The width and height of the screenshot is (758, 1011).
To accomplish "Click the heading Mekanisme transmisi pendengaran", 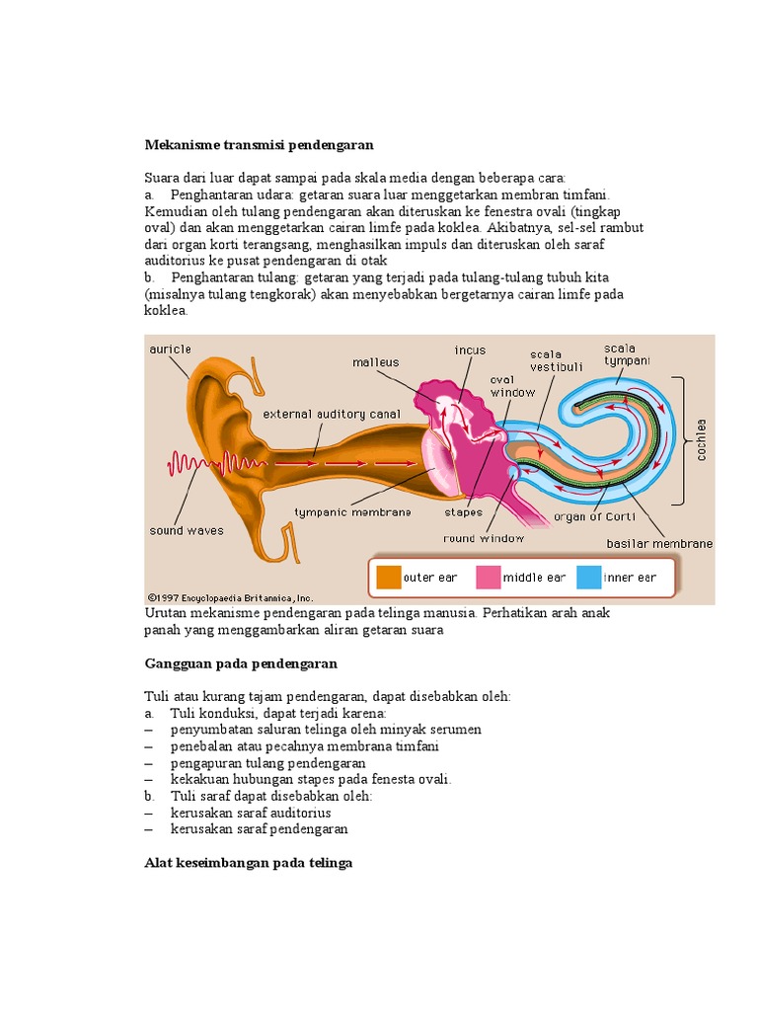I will [x=259, y=144].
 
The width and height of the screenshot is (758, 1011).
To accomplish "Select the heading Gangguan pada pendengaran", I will [x=241, y=663].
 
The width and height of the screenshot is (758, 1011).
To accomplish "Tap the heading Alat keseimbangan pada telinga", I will [x=248, y=863].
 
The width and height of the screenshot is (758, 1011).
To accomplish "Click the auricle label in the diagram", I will [x=170, y=350].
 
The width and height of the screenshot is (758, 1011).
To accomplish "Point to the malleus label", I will [x=376, y=362].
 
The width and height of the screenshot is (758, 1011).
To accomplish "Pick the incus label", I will [x=470, y=350].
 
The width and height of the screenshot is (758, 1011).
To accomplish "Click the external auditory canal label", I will [x=331, y=414].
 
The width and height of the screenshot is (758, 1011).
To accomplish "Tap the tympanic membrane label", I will [x=352, y=511].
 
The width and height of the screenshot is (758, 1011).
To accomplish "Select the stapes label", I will [x=464, y=512].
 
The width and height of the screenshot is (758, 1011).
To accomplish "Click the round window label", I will [x=485, y=538].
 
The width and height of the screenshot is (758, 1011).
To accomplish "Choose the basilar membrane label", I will [x=659, y=543].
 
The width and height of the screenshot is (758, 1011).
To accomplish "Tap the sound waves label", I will [x=187, y=530].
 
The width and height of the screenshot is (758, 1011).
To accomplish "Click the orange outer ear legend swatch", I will [x=389, y=577].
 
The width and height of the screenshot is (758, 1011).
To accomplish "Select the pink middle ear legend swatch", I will [x=489, y=577].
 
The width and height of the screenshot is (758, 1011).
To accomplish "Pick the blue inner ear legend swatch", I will [x=588, y=577].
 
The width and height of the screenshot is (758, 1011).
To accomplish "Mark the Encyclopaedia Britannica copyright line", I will [x=230, y=596].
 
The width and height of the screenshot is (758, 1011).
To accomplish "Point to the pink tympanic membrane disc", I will [x=441, y=463].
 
